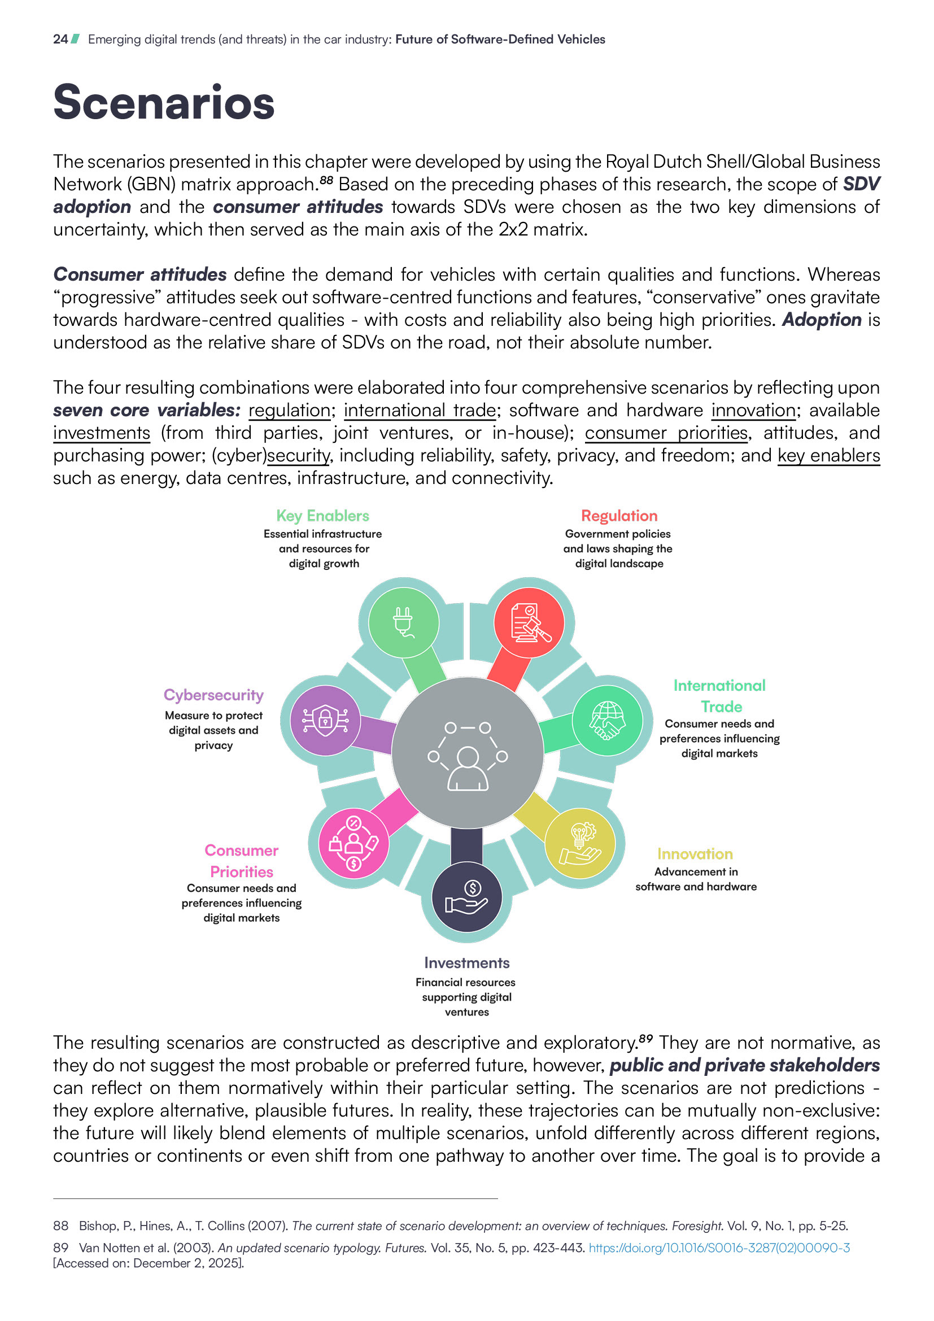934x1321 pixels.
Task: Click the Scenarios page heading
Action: pyautogui.click(x=164, y=102)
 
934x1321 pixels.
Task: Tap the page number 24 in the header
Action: pyautogui.click(x=60, y=39)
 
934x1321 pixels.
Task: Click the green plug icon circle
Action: pyautogui.click(x=403, y=622)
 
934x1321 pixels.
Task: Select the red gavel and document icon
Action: pyautogui.click(x=529, y=622)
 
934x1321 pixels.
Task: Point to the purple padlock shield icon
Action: pyautogui.click(x=325, y=720)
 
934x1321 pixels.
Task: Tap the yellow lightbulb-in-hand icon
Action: pyautogui.click(x=580, y=843)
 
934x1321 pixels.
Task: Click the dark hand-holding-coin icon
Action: pyautogui.click(x=466, y=897)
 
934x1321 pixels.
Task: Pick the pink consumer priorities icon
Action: pyautogui.click(x=353, y=843)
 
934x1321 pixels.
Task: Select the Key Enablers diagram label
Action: pyautogui.click(x=322, y=516)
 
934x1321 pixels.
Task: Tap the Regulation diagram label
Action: pyautogui.click(x=619, y=516)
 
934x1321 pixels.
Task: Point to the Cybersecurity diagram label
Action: pyautogui.click(x=213, y=695)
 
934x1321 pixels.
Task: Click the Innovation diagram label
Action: pyautogui.click(x=695, y=854)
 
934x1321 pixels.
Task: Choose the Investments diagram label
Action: pyautogui.click(x=466, y=962)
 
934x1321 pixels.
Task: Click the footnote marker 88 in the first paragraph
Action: pyautogui.click(x=326, y=180)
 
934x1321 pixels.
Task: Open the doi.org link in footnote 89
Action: pyautogui.click(x=719, y=1248)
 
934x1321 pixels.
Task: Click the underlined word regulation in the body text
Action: pyautogui.click(x=289, y=410)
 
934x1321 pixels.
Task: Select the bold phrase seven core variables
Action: pyautogui.click(x=147, y=410)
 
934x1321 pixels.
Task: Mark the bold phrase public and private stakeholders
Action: pyautogui.click(x=744, y=1065)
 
